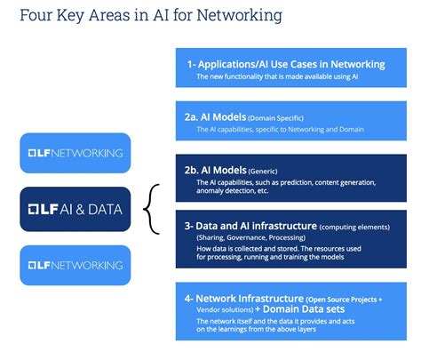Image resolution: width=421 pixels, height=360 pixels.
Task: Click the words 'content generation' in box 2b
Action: pyautogui.click(x=342, y=182)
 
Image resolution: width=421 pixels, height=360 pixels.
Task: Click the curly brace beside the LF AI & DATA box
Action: pyautogui.click(x=156, y=209)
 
